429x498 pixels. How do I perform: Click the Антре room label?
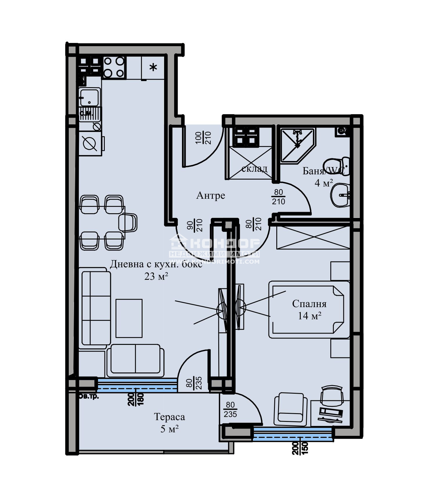[210, 196]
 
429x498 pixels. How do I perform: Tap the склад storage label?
[254, 169]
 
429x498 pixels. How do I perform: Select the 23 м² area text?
[156, 276]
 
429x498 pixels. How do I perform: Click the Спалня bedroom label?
[309, 304]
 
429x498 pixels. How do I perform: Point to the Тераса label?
[169, 417]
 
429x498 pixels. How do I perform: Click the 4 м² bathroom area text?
[324, 183]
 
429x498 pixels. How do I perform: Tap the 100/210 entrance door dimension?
[203, 138]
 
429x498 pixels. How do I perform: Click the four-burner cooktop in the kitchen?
[114, 67]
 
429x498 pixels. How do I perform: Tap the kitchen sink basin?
[89, 97]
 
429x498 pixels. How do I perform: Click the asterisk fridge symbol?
[153, 68]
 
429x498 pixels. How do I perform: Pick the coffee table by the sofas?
[129, 318]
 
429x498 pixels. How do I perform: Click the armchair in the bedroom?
[290, 408]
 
